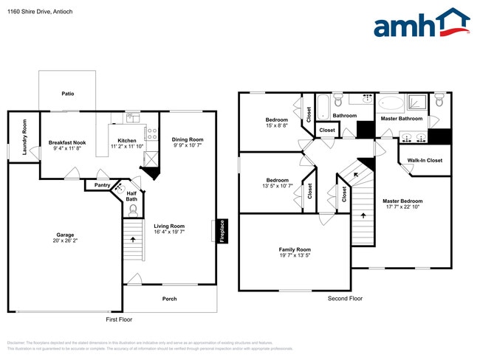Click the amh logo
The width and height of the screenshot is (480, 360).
coord(422,24)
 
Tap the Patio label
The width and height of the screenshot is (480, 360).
coord(67,94)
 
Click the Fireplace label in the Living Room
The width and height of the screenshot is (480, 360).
coord(222,231)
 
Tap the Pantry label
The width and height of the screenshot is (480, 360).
coord(101,185)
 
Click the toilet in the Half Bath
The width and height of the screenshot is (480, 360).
coord(134,210)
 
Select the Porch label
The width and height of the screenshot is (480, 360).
coord(169,298)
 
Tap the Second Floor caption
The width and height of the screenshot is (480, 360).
coord(345,298)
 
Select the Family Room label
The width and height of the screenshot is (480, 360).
coord(294,249)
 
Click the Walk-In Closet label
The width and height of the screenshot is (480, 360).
coord(425,160)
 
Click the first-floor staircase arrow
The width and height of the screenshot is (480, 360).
coord(132,239)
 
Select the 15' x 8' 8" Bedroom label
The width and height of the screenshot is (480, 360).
coord(277,125)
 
